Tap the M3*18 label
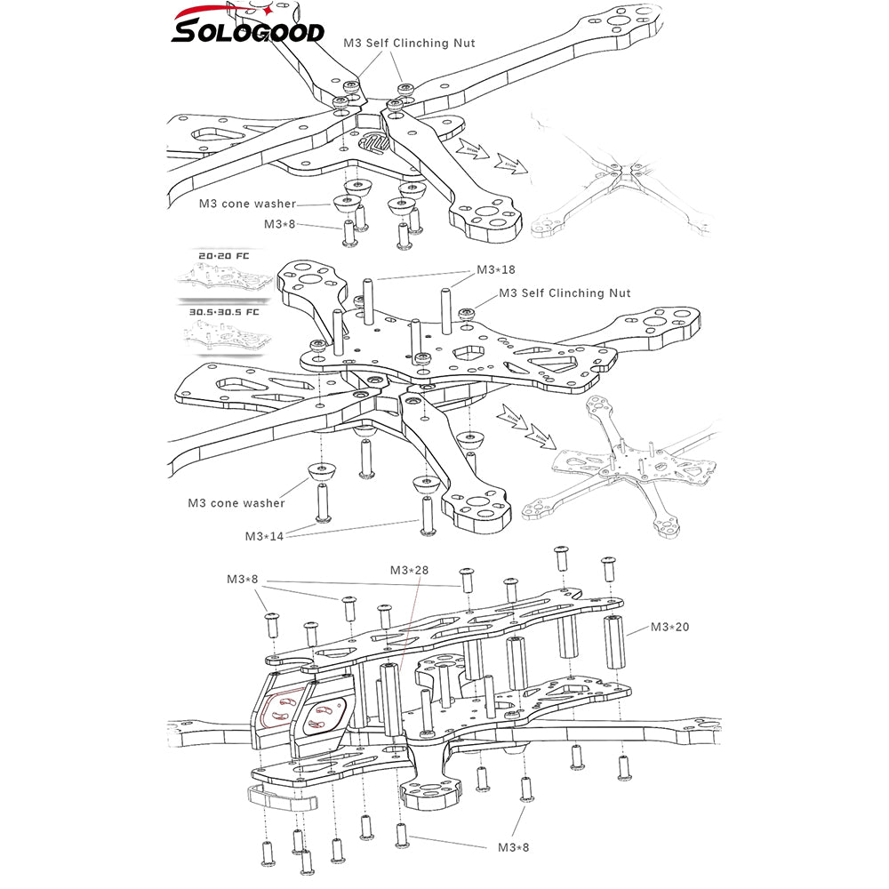[497, 270]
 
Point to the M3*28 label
[411, 570]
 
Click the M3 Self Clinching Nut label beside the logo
[409, 43]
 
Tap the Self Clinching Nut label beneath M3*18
[565, 293]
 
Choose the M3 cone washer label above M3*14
[236, 503]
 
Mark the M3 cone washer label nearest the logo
[247, 204]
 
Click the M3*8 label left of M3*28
[242, 580]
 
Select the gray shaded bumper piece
[281, 797]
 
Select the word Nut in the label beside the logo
[463, 43]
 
